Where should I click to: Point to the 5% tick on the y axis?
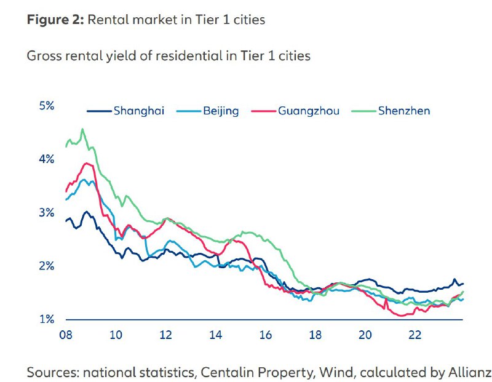click(47, 106)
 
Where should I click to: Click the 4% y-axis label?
click(47, 159)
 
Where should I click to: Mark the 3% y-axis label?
click(47, 213)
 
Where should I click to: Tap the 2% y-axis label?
click(47, 266)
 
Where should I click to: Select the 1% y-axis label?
click(47, 320)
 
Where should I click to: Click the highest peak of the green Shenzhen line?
click(82, 129)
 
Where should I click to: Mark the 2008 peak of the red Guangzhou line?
click(87, 163)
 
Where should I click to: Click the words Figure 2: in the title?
click(55, 20)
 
